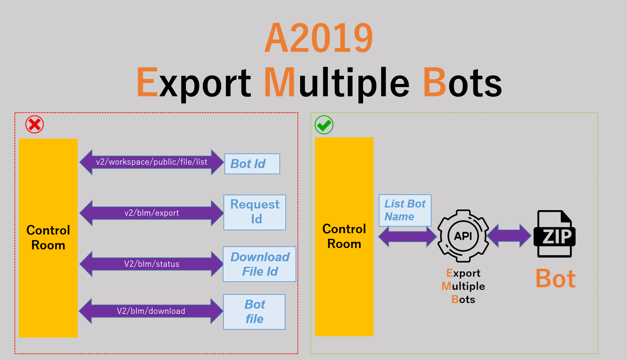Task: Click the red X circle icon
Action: [35, 125]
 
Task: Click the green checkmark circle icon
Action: [324, 125]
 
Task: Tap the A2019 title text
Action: [319, 38]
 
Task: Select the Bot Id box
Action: [252, 164]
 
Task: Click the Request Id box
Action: [255, 212]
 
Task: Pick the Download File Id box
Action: [259, 264]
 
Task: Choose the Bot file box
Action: [254, 312]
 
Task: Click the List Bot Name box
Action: [405, 210]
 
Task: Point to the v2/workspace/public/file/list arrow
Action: [152, 162]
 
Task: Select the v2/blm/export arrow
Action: [152, 213]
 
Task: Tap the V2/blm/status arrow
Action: [152, 264]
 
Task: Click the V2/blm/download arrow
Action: [151, 311]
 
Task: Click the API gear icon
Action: [463, 236]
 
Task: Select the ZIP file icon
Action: [555, 234]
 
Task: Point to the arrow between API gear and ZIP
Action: [509, 235]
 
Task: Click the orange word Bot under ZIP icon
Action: [556, 279]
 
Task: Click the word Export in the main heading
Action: [194, 82]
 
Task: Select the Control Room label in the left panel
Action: [48, 237]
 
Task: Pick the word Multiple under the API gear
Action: [463, 286]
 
